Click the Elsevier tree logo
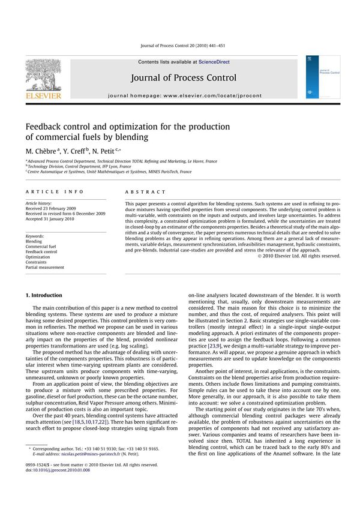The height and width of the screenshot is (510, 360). click(43, 74)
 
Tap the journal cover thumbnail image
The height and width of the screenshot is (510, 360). click(322, 77)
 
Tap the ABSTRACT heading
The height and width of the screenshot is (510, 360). click(145, 192)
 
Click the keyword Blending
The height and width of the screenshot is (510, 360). click(34, 241)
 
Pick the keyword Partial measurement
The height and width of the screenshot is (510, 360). click(44, 268)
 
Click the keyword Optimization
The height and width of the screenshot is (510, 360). click(38, 257)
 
